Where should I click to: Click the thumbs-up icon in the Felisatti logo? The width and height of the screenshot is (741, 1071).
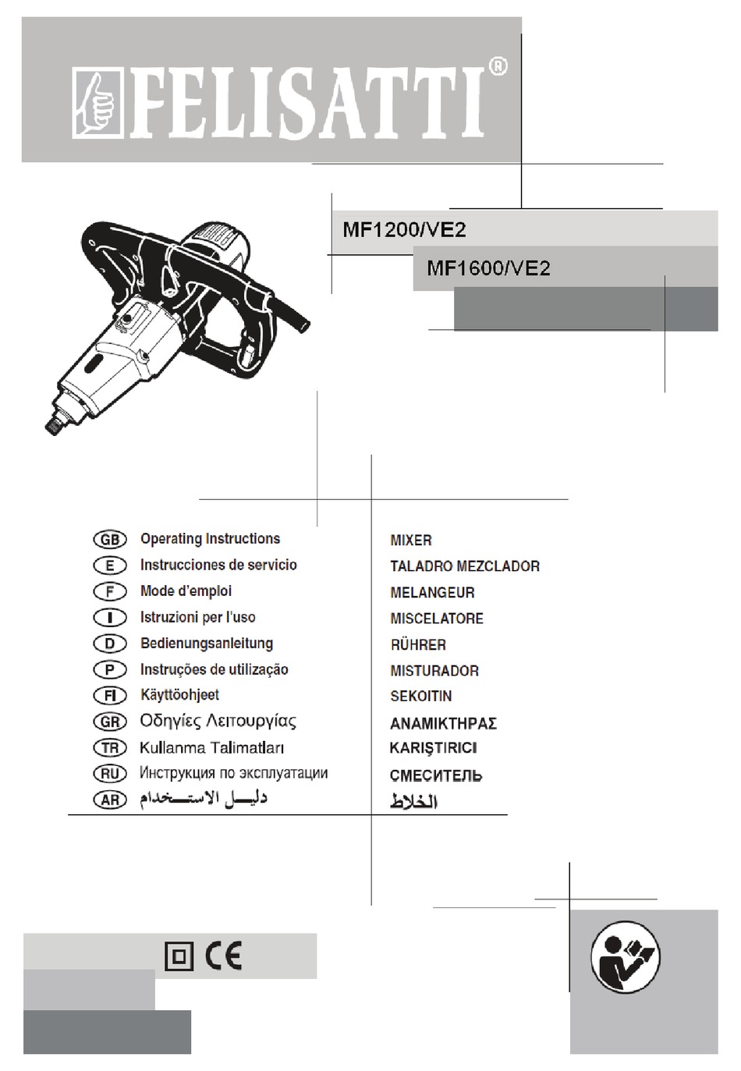click(97, 104)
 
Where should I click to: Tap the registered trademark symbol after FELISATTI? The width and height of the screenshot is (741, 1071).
click(498, 67)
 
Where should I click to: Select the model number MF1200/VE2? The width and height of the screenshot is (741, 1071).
click(404, 230)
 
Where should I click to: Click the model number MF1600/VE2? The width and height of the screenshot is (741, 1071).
click(488, 268)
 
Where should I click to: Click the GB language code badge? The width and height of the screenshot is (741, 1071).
click(110, 540)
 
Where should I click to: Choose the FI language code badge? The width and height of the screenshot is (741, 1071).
click(110, 696)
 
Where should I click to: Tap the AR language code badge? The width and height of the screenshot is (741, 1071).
click(110, 800)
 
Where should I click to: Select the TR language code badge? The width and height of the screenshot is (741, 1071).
click(110, 748)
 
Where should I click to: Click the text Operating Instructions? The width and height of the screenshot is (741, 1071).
click(210, 539)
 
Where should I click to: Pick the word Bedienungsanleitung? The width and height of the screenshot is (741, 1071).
click(207, 644)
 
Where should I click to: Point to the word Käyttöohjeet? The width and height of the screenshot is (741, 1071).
click(179, 695)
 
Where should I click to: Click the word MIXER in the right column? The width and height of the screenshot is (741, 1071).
click(411, 541)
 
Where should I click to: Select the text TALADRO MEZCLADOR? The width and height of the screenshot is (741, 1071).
click(465, 566)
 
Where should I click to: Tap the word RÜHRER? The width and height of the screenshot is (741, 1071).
click(418, 645)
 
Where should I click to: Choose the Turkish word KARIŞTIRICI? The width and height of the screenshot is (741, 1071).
click(433, 748)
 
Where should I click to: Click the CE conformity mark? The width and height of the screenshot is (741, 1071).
click(224, 956)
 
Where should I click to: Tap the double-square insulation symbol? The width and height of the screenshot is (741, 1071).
click(179, 956)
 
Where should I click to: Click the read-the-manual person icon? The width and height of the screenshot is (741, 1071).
click(625, 958)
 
